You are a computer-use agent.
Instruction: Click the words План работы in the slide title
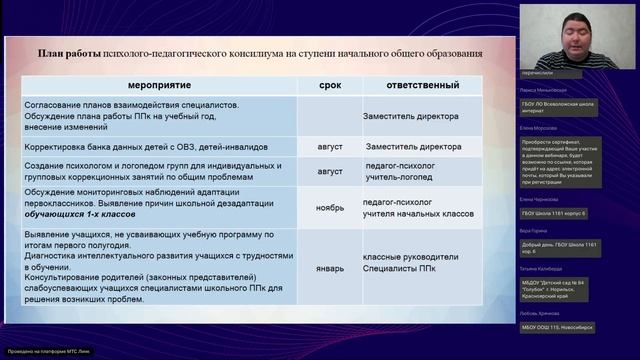pyautogui.click(x=70, y=54)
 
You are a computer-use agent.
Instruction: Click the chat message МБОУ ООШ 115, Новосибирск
pyautogui.click(x=566, y=327)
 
